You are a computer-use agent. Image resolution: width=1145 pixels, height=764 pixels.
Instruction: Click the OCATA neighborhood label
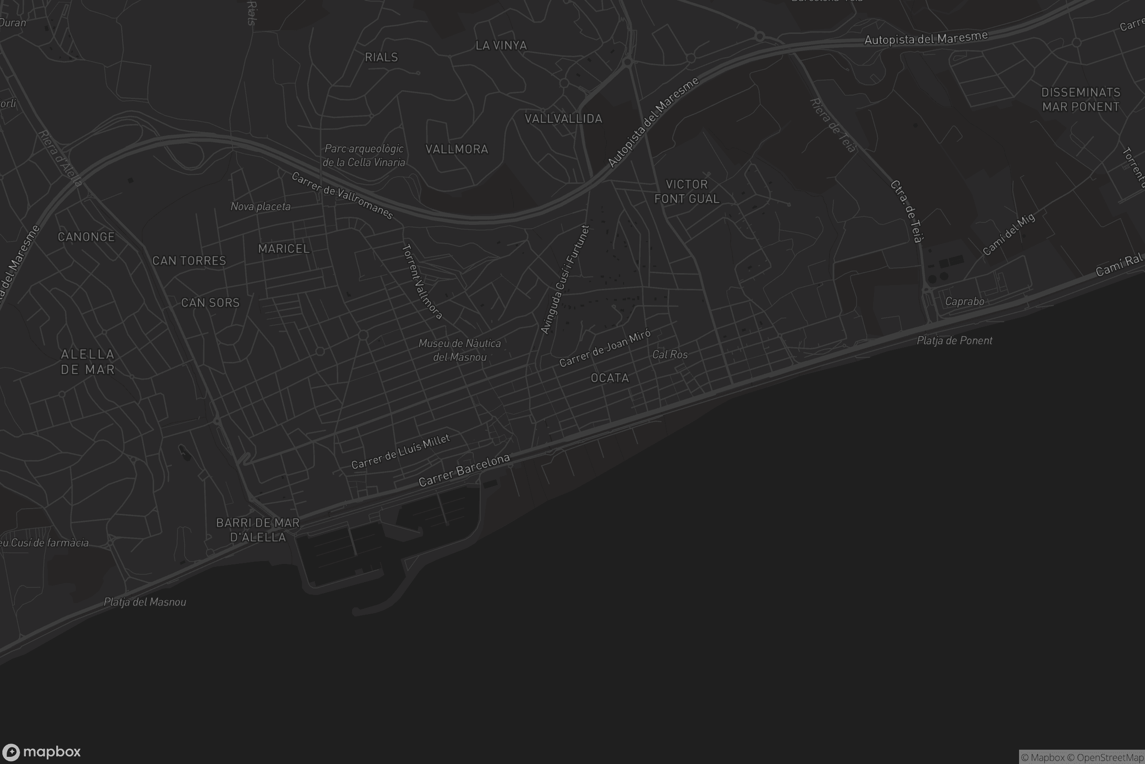point(610,378)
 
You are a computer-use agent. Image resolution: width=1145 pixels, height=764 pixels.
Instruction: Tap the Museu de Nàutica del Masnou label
point(459,350)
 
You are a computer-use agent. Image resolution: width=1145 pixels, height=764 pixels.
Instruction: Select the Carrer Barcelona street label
point(464,470)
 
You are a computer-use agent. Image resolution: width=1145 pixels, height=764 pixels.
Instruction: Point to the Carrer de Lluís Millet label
point(401,452)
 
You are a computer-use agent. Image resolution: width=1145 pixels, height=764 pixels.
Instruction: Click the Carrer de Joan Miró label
point(604,349)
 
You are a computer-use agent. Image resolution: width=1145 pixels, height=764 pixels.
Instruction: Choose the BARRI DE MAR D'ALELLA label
point(258,530)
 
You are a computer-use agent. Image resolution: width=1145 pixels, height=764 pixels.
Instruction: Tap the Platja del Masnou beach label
point(145,602)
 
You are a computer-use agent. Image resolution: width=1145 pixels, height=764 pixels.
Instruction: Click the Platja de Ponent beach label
point(954,340)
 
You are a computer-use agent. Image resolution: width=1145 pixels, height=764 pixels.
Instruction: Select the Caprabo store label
point(964,302)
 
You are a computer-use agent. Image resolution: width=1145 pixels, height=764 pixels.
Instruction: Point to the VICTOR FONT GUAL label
point(687,191)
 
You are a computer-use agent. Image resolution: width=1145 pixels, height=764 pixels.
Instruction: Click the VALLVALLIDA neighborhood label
point(563,119)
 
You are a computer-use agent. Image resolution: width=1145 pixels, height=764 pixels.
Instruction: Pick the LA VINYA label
point(501,46)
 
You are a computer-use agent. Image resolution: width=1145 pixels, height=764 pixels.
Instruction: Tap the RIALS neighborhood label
point(381,57)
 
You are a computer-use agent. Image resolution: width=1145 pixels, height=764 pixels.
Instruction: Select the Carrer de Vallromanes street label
point(342,195)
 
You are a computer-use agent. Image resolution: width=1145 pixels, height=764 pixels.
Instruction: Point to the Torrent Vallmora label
point(422,282)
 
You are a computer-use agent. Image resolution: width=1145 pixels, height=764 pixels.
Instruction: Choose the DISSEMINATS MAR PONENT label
point(1081,100)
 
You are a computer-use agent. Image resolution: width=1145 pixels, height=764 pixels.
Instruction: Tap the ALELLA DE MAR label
point(88,362)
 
